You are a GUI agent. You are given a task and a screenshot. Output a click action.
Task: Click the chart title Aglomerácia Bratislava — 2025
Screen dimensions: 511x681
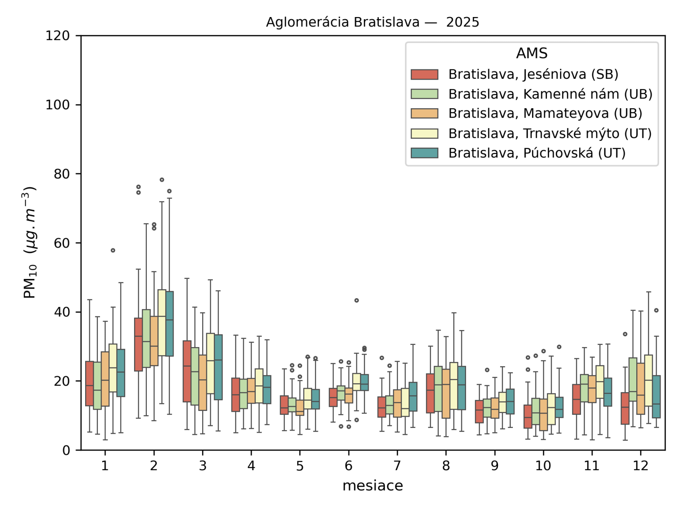[372, 22]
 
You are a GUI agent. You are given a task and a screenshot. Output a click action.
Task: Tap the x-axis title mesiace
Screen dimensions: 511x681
[372, 485]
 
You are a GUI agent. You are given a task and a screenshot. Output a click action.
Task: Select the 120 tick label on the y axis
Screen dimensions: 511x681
[58, 36]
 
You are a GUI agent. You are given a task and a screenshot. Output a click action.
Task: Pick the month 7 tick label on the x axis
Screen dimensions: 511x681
[397, 465]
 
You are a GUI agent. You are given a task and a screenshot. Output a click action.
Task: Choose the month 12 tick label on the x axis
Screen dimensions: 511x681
[640, 465]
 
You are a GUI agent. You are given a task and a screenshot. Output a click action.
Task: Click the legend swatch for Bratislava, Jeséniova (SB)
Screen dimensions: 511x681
[424, 75]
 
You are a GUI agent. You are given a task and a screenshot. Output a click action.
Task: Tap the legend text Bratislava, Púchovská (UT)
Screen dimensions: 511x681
[537, 153]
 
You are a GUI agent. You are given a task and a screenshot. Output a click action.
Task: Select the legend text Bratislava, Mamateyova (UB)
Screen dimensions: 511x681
[545, 113]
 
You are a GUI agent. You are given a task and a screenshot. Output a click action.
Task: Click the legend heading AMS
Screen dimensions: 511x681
[532, 53]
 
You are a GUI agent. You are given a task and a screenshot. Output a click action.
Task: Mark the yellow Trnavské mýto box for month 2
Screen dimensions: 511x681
[162, 322]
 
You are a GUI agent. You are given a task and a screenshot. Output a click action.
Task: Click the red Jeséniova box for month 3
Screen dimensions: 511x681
[187, 371]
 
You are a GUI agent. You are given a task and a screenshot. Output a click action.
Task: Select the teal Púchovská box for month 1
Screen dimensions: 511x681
[121, 373]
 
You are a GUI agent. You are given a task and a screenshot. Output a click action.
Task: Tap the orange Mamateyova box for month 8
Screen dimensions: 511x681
[446, 393]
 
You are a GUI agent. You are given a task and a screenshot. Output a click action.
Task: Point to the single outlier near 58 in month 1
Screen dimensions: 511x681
[113, 250]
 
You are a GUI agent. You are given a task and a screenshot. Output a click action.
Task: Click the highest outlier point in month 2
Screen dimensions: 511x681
[162, 180]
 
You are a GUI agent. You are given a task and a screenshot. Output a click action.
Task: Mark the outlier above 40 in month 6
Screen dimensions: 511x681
[357, 301]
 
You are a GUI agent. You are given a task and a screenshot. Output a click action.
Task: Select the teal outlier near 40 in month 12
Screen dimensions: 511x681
[656, 310]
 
